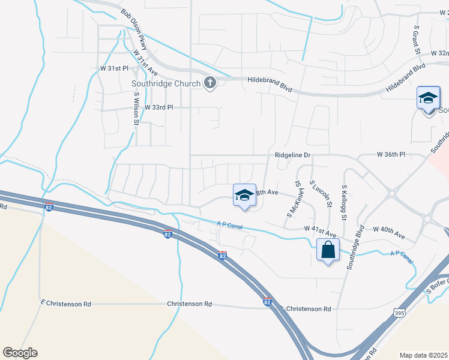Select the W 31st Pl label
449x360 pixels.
point(115,68)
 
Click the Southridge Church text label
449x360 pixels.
point(165,83)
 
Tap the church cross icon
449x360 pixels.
point(209,83)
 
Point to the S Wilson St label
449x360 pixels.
point(136,109)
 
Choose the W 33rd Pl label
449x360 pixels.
point(158,107)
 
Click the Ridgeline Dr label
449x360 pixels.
point(292,155)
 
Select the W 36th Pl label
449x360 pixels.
point(391,155)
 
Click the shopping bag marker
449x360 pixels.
point(328,250)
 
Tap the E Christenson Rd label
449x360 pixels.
point(66,304)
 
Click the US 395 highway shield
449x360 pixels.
point(399,313)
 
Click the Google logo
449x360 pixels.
point(20,353)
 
